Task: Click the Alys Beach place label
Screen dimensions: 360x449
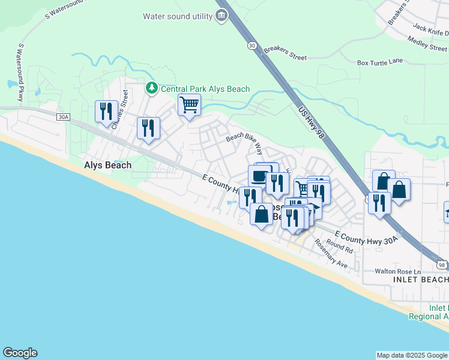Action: tap(107, 165)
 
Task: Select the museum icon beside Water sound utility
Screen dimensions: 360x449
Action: tap(221, 16)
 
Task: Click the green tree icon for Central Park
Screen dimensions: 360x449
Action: tap(152, 89)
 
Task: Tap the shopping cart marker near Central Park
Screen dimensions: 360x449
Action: tap(189, 105)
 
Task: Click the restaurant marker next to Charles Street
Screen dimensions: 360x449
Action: tap(106, 111)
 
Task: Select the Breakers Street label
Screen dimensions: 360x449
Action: tap(285, 53)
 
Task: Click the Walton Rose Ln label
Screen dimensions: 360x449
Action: tap(396, 271)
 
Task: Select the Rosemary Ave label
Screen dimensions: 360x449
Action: tap(331, 256)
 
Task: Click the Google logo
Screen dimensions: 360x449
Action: tap(20, 353)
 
